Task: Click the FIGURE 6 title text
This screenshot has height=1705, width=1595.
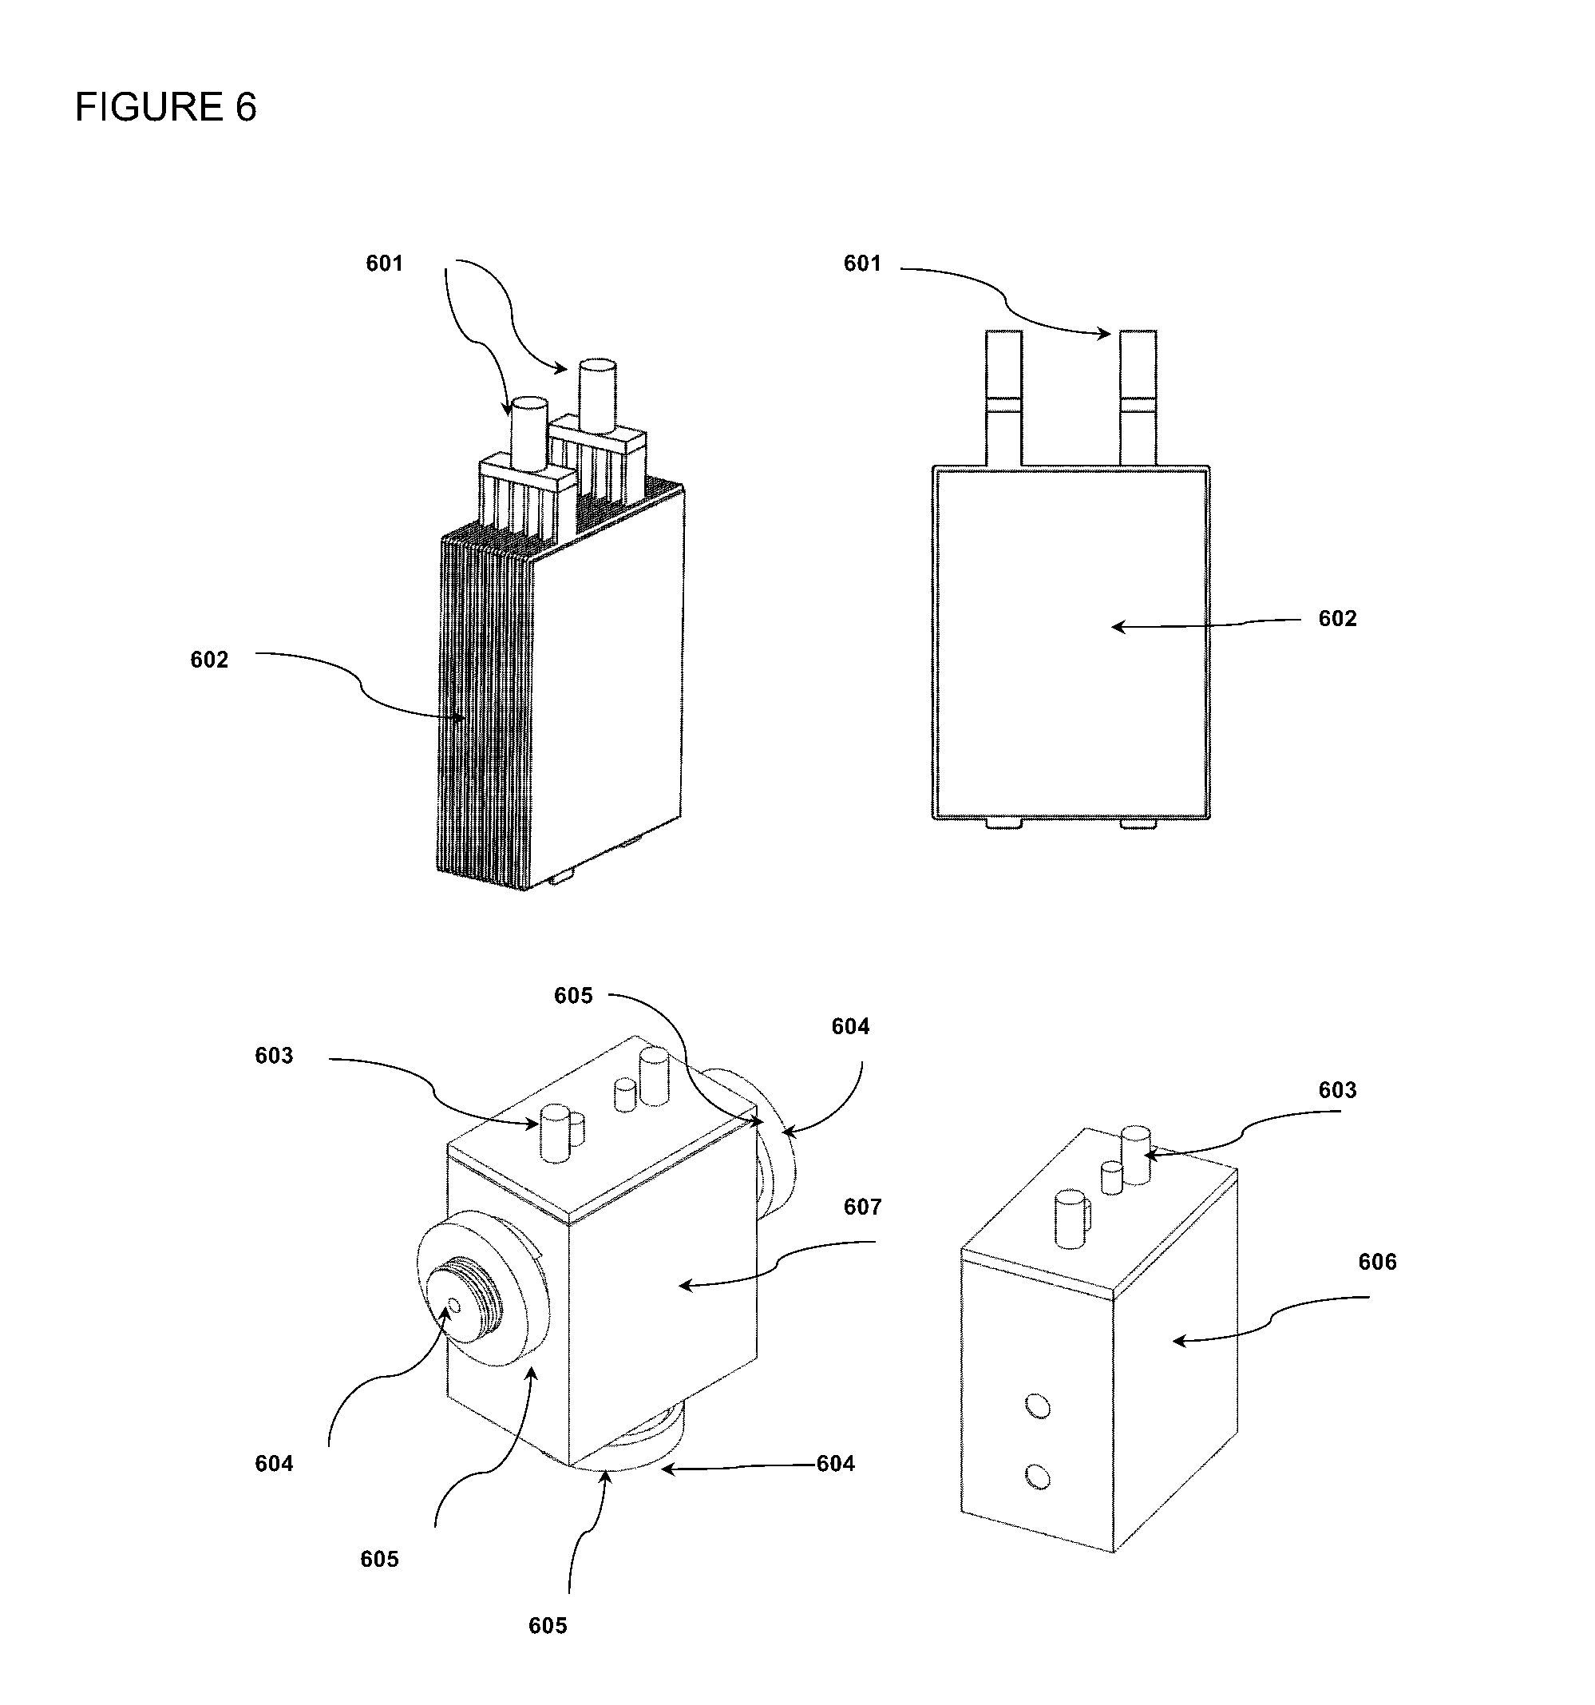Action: coord(165,107)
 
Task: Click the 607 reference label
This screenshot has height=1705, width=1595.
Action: coord(863,1207)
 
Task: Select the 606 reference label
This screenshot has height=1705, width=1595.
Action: coord(1377,1262)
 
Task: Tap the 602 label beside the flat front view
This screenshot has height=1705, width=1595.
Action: coord(1338,618)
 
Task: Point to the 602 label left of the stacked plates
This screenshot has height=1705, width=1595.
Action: coord(209,660)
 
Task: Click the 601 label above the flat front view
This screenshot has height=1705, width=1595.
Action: coord(863,264)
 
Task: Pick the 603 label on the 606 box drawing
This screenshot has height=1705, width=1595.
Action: coord(1338,1090)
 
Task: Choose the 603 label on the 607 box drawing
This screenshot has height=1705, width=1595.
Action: coord(275,1056)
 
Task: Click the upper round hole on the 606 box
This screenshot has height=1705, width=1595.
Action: coord(1038,1406)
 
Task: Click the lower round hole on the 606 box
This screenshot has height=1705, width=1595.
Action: coord(1038,1476)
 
